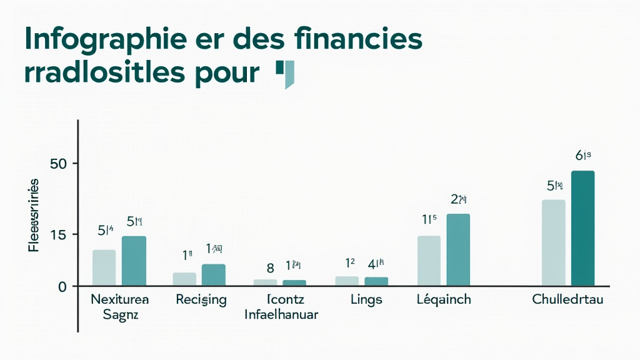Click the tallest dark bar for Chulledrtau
tap(582, 228)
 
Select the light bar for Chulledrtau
tap(553, 242)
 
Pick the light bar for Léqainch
tap(429, 261)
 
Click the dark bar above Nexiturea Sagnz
tap(134, 261)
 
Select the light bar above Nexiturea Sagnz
tap(104, 267)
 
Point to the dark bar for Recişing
tap(213, 275)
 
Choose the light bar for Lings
tap(347, 281)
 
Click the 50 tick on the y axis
tap(58, 164)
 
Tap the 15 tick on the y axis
tap(58, 234)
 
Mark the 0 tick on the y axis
tap(63, 286)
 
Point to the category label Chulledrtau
tap(567, 299)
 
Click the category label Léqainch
tap(443, 299)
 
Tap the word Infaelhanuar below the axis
tap(281, 314)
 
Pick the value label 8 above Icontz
tap(270, 268)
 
